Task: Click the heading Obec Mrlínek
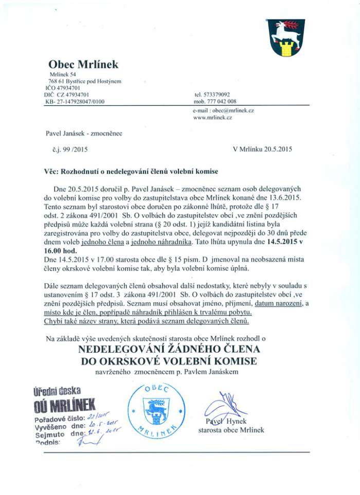point(83,65)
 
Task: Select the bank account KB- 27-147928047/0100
point(75,102)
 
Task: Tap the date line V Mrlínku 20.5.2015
point(262,150)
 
